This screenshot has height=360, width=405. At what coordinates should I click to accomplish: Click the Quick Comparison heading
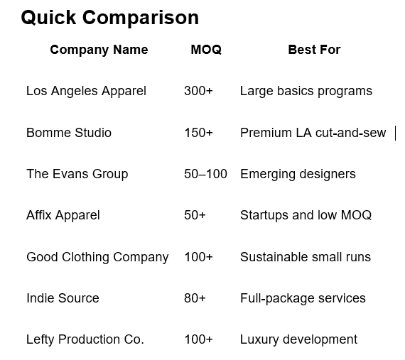tap(109, 18)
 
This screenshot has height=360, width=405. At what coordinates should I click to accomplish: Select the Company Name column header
tap(99, 50)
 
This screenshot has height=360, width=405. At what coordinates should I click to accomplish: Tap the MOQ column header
tap(206, 50)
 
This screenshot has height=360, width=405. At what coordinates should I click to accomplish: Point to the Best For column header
tap(314, 50)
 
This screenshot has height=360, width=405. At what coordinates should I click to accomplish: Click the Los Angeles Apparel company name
tap(86, 92)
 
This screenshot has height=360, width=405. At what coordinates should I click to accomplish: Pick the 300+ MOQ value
tap(198, 91)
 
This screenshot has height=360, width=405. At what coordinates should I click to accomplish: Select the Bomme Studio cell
tap(69, 133)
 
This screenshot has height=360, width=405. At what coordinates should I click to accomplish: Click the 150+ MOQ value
tap(198, 133)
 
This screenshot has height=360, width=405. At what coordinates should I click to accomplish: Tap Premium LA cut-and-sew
tap(313, 133)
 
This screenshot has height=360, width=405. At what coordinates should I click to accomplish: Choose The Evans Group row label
tap(77, 174)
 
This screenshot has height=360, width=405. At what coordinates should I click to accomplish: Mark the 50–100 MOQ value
tap(205, 174)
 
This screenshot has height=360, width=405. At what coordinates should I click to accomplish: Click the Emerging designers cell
tap(298, 174)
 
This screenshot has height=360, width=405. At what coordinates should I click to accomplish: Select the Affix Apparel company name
tap(63, 215)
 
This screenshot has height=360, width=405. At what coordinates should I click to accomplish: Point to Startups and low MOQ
tap(306, 215)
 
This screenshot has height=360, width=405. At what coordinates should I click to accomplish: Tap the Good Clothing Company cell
tap(97, 257)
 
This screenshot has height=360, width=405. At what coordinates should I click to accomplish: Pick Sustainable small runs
tap(306, 257)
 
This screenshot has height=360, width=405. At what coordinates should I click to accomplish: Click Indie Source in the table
tap(63, 298)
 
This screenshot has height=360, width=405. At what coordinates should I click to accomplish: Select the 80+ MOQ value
tap(195, 298)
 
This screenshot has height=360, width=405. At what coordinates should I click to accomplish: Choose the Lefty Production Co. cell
tap(85, 340)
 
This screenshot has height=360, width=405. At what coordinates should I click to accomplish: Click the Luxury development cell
tap(299, 340)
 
